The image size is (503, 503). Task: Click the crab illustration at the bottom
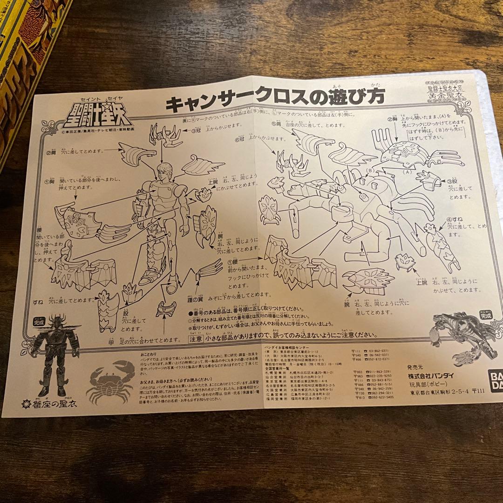111,384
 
